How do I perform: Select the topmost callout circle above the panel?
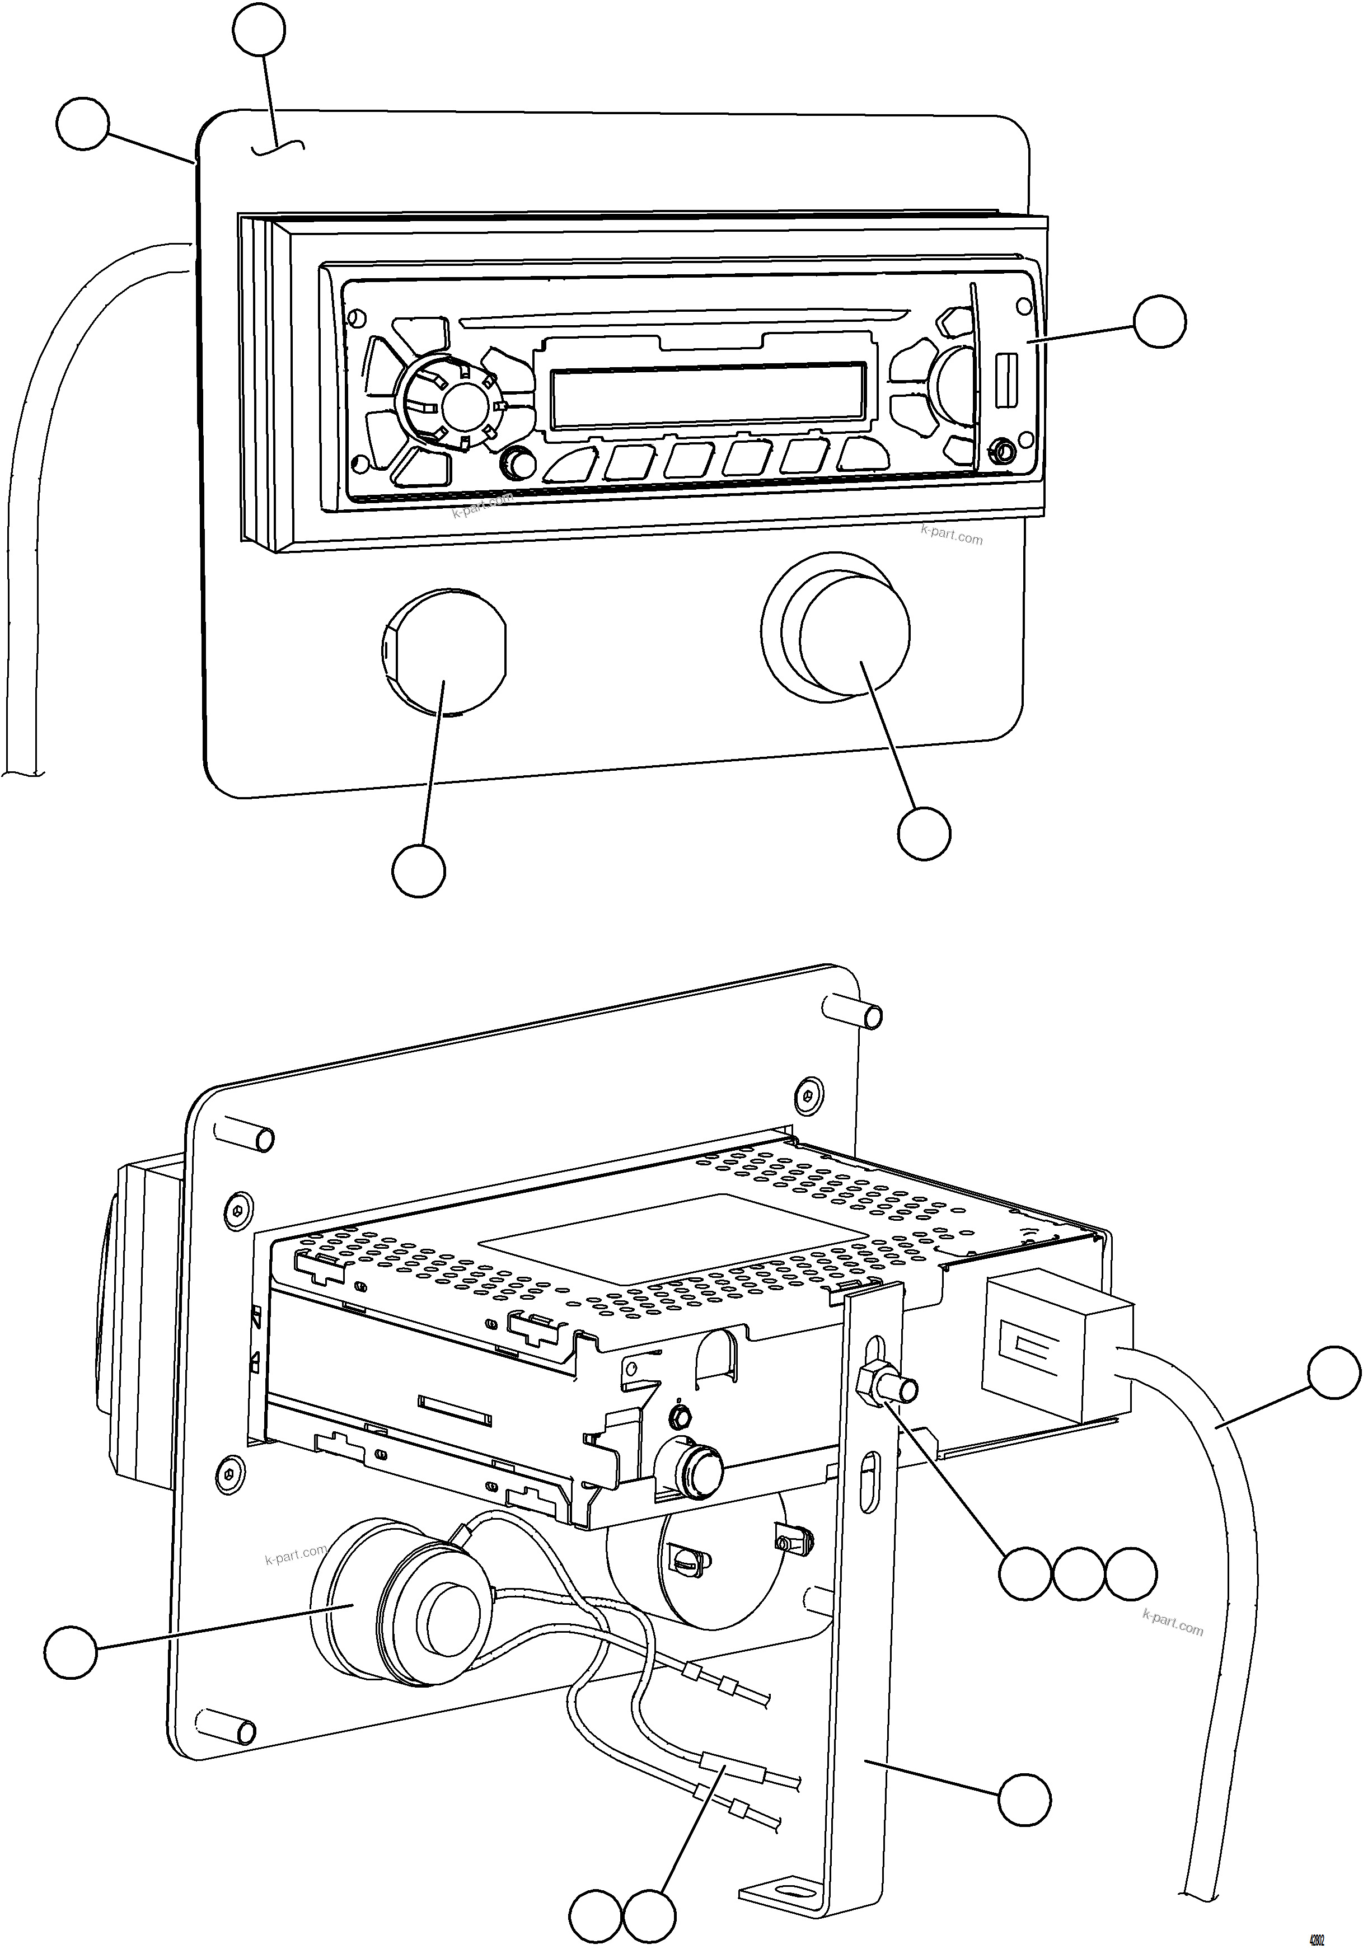pyautogui.click(x=259, y=30)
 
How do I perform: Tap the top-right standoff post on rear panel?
pyautogui.click(x=853, y=1013)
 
